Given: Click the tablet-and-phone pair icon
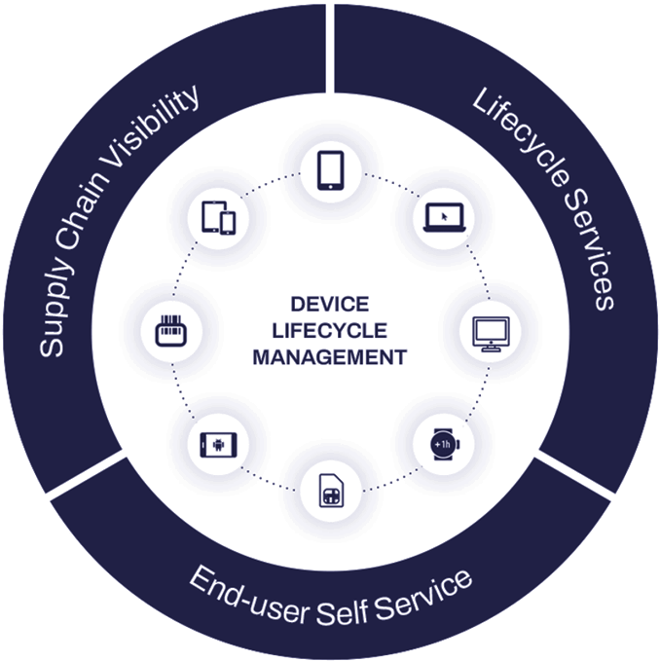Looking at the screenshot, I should pyautogui.click(x=218, y=217).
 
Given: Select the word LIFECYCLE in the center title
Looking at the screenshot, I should pyautogui.click(x=329, y=330).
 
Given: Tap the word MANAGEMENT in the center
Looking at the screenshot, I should pyautogui.click(x=329, y=357).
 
